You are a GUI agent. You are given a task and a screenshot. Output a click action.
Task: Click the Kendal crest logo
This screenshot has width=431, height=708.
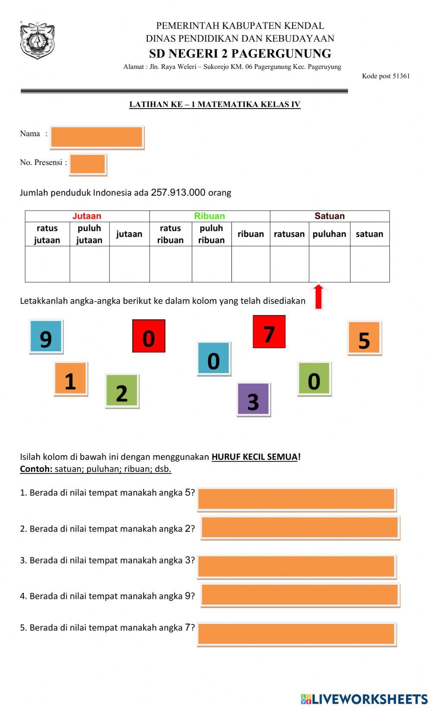click(37, 41)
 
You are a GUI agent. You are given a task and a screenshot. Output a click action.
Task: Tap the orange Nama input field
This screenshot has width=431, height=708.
click(97, 137)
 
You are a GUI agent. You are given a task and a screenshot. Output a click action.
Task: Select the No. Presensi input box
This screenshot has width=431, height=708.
click(87, 164)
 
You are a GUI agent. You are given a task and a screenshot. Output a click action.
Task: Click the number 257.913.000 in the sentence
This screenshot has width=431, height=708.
click(178, 193)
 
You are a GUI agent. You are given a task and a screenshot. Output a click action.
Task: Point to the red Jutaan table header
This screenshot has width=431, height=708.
click(87, 216)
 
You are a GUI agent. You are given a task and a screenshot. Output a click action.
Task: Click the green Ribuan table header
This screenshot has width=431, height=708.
click(209, 216)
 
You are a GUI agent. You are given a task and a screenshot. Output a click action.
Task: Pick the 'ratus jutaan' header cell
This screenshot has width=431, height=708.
click(47, 234)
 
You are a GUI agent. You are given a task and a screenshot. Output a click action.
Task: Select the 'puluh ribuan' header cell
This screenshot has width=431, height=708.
click(211, 234)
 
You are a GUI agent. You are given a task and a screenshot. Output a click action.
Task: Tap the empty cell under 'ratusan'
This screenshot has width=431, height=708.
click(289, 264)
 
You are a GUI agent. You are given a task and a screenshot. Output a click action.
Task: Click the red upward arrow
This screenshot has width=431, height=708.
click(319, 296)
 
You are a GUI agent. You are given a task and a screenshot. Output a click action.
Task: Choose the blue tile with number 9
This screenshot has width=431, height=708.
click(46, 337)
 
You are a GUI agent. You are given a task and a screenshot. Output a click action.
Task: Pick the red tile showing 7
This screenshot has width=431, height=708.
click(269, 332)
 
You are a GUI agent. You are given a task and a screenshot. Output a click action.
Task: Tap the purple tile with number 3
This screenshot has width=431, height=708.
click(253, 399)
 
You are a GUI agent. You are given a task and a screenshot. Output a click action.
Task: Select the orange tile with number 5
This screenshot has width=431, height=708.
click(364, 338)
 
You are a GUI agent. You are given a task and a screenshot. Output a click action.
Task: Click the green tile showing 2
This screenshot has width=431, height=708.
click(122, 391)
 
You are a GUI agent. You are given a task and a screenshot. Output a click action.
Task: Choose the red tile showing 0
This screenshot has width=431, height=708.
click(149, 336)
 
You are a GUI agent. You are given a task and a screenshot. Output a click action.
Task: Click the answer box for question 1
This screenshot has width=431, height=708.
click(297, 499)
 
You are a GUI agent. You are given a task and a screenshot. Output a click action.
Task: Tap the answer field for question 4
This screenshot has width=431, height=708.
click(300, 595)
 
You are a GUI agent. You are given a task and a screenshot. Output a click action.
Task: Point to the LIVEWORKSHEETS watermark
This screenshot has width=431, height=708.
click(364, 699)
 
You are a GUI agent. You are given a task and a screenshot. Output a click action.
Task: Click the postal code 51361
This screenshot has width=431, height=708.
click(401, 76)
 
